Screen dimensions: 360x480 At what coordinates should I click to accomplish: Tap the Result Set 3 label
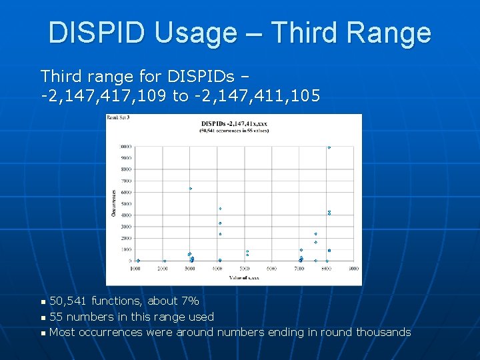pos(118,118)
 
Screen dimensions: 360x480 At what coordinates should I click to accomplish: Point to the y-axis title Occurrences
pos(113,202)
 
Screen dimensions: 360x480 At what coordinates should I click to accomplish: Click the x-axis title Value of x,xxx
pos(245,277)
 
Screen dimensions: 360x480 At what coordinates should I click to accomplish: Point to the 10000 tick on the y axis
pos(125,147)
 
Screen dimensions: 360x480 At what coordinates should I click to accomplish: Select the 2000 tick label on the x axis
pos(163,268)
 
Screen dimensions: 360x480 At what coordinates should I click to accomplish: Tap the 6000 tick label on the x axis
pos(271,268)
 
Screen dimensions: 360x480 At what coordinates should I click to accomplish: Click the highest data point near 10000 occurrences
pos(329,147)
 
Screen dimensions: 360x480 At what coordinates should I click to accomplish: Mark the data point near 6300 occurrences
pos(191,189)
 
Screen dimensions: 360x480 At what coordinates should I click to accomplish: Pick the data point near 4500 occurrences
pos(220,209)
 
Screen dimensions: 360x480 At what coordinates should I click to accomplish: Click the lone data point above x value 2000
pos(165,261)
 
